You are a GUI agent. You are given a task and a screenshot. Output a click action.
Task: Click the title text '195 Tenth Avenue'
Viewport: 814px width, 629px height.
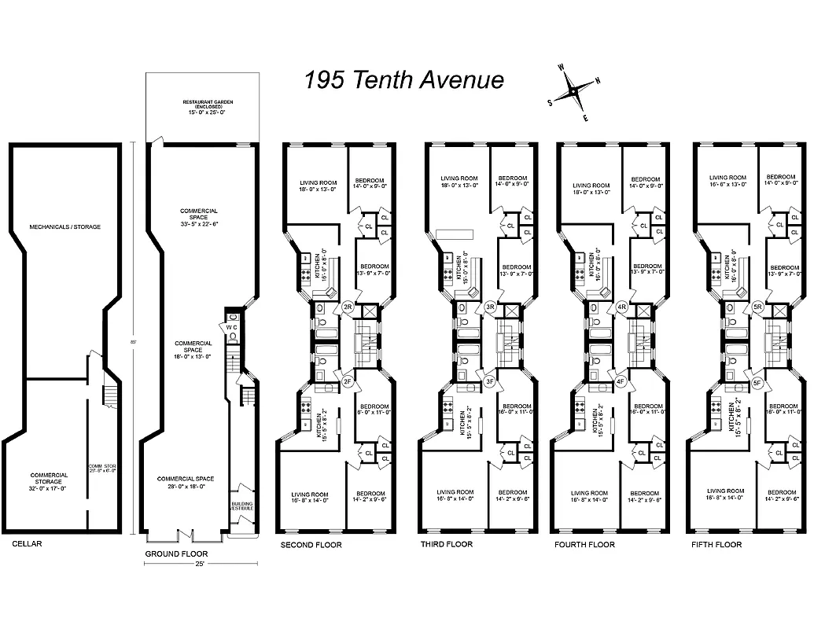click(x=404, y=79)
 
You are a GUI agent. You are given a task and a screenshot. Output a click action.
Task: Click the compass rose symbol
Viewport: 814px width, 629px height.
click(x=574, y=91)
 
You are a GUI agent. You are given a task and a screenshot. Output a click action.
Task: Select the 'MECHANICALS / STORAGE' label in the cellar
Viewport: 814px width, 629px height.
click(x=65, y=227)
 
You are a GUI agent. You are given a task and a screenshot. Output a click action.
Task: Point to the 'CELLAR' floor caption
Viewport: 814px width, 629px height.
click(x=27, y=543)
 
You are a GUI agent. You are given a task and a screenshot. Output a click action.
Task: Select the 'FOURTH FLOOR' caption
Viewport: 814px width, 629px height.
click(x=584, y=544)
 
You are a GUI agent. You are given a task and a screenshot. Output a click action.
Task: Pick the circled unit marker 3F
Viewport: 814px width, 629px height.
click(x=490, y=382)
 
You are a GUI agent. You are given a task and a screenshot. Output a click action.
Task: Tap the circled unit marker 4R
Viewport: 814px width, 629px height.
click(x=621, y=307)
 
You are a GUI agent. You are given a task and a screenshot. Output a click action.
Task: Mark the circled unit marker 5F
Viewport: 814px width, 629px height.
click(x=757, y=382)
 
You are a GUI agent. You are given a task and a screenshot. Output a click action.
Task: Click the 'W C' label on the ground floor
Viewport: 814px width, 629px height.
click(x=232, y=326)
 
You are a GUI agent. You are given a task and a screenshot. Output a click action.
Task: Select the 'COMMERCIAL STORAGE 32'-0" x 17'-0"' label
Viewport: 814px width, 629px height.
click(x=50, y=479)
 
